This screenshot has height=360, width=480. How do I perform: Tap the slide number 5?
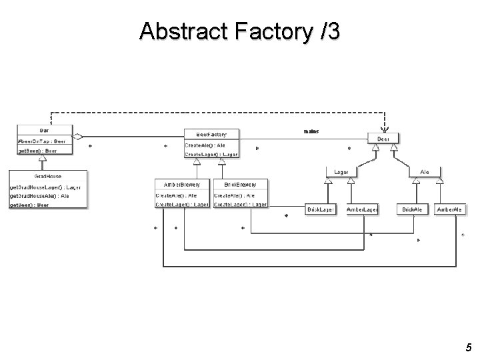point(469,347)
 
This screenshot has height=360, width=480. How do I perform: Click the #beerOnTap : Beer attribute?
point(41,141)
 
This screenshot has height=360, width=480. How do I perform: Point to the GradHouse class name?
point(48,177)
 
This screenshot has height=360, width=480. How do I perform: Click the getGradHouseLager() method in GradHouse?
point(45,187)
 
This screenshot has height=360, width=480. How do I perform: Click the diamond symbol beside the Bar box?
point(78,136)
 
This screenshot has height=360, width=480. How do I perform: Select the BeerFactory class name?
point(211,135)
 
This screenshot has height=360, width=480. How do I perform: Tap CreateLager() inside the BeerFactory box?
point(211,154)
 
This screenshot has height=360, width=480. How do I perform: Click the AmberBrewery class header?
point(182,184)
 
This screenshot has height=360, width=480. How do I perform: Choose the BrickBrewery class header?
point(240,184)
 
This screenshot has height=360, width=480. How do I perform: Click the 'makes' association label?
point(311,131)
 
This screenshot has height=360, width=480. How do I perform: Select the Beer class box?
point(384,139)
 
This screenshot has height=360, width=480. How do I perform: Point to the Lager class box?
point(341,172)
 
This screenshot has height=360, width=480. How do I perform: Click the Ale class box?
point(425,172)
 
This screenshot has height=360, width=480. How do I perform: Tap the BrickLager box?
point(321,209)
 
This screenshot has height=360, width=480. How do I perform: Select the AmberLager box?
point(363,209)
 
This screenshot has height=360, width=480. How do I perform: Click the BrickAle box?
point(412,209)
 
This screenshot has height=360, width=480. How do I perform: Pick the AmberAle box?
point(449,209)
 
